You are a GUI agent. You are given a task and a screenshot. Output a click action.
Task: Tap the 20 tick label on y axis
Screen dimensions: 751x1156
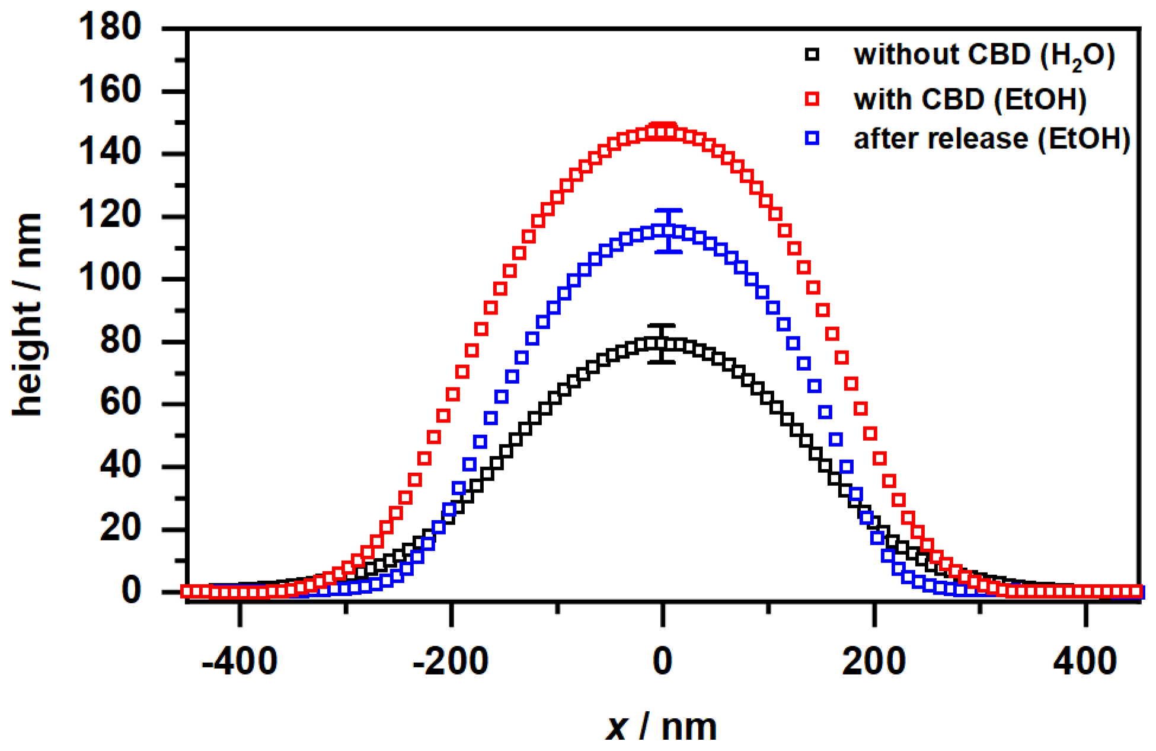click(120, 529)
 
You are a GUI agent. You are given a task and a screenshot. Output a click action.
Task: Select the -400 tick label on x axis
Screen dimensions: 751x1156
click(239, 661)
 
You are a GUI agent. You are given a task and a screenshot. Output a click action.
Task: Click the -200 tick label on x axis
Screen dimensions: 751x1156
click(451, 661)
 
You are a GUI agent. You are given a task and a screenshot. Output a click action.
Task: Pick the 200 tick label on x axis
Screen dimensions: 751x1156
click(874, 661)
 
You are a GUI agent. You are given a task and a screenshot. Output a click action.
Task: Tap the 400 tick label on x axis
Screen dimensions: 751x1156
click(1085, 661)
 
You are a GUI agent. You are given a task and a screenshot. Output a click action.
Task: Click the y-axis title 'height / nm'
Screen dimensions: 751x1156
click(28, 314)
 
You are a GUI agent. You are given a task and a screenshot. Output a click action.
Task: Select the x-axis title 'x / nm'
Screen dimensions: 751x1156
click(660, 727)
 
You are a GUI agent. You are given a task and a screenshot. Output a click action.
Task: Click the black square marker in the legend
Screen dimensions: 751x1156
click(812, 55)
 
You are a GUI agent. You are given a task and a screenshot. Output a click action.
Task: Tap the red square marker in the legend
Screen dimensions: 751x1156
click(812, 99)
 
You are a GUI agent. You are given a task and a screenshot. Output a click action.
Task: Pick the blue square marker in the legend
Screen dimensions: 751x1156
click(812, 138)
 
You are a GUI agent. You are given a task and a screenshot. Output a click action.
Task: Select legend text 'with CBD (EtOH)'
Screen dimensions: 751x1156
click(970, 99)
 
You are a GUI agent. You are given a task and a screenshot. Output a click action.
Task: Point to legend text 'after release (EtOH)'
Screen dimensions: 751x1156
click(992, 139)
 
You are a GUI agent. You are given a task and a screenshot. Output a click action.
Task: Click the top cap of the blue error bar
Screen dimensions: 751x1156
click(669, 211)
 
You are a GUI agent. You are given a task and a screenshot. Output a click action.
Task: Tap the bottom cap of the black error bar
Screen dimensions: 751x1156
click(662, 362)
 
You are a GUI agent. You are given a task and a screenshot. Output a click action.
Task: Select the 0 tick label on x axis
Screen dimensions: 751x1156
click(662, 661)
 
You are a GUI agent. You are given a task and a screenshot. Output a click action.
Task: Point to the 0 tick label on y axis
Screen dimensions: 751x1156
click(131, 591)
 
